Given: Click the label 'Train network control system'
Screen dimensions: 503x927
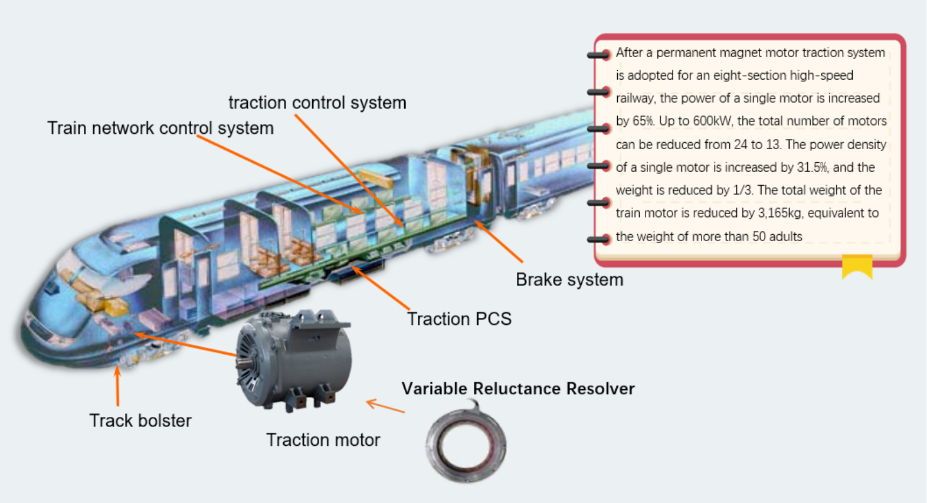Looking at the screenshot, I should coord(160,128).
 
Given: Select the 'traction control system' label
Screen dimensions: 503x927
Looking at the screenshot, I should coord(317,103).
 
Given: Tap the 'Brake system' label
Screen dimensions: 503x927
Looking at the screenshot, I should coord(569,280).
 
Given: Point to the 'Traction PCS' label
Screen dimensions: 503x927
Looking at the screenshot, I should coord(459,319).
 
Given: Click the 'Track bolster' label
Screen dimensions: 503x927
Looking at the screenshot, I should coord(140,420).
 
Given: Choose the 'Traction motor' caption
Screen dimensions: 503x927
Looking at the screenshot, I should coord(323,440).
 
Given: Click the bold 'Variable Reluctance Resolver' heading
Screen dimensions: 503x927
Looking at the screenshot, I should coord(518,389).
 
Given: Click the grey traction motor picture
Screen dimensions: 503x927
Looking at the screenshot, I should coord(295,360).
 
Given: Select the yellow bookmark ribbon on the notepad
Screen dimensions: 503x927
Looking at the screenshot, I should coord(857,266).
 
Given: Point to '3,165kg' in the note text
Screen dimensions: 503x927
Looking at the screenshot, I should coord(779,213).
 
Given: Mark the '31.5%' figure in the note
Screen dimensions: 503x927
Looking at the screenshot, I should coord(812,167).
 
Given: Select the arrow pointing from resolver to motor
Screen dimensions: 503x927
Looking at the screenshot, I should coord(385,406).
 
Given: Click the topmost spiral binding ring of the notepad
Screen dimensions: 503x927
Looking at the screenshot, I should coord(600,55).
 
